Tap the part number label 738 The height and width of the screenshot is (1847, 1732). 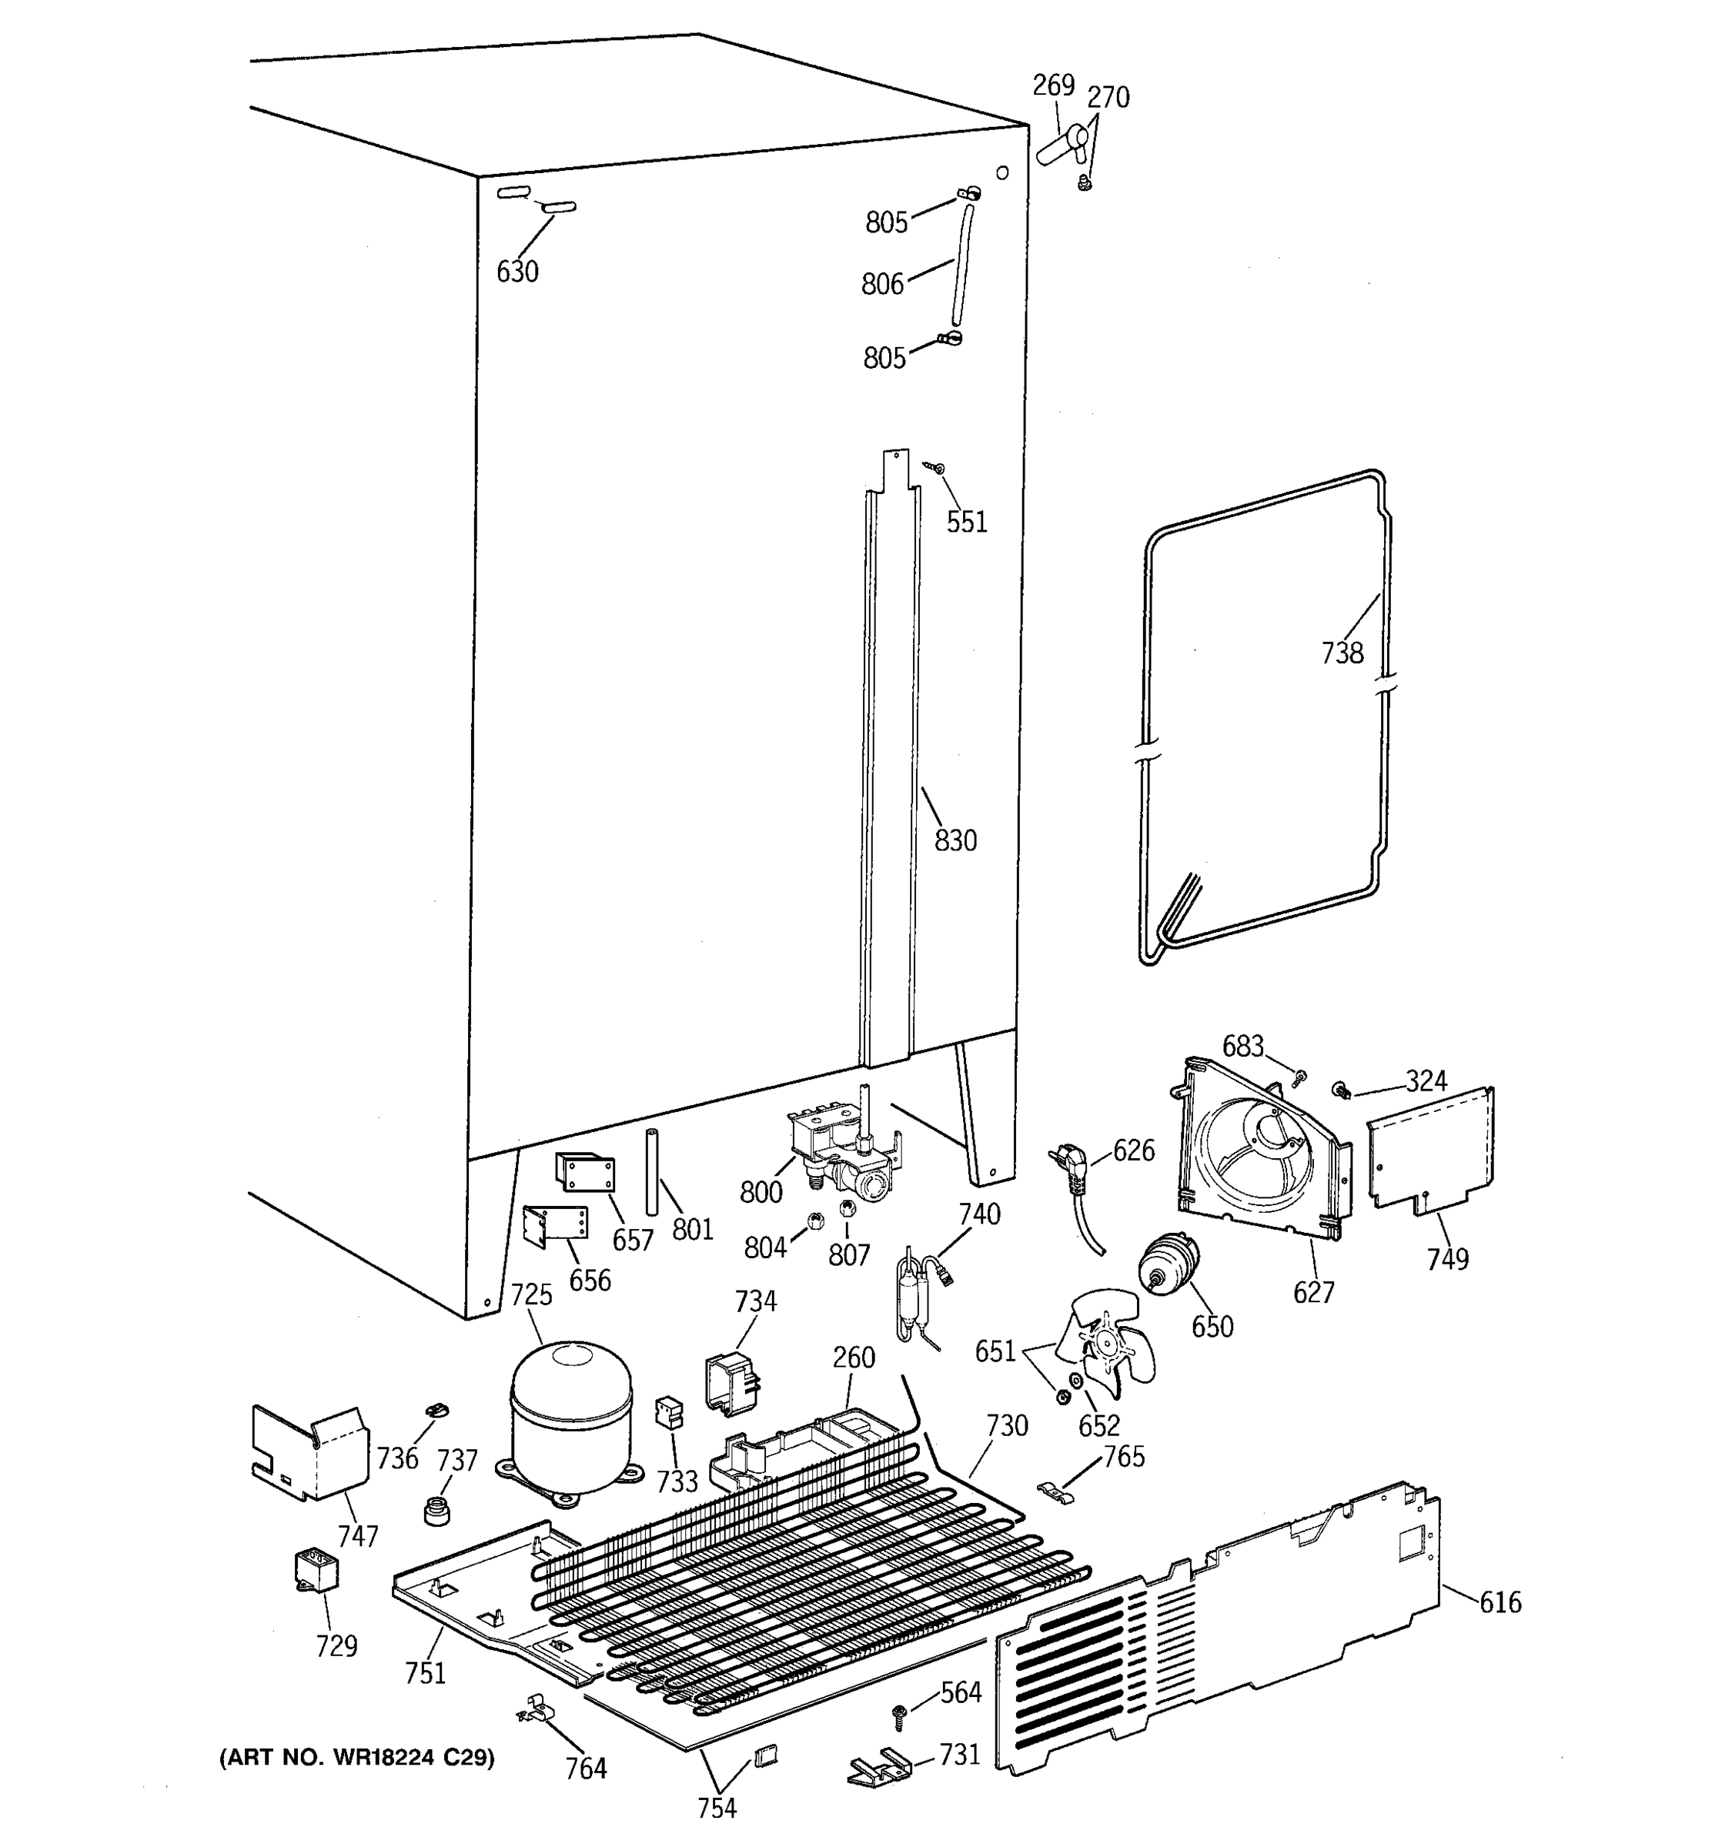point(1342,653)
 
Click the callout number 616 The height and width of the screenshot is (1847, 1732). point(1500,1602)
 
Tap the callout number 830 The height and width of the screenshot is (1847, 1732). point(955,841)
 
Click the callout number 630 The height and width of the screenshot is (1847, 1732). point(517,272)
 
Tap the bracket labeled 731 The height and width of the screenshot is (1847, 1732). point(879,1766)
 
